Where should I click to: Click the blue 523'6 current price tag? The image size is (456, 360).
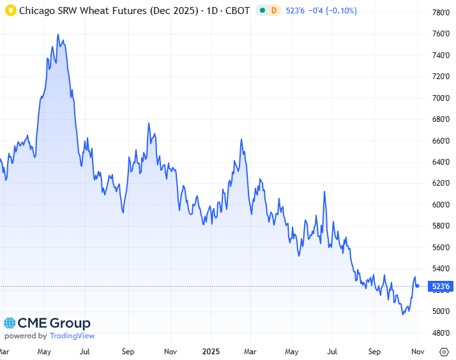click(x=440, y=286)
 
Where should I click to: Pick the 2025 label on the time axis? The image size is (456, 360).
click(x=211, y=351)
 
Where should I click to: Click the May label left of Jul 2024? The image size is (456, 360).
click(x=45, y=351)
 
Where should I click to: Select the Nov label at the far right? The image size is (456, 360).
click(x=418, y=351)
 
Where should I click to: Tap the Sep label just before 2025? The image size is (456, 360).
click(x=128, y=351)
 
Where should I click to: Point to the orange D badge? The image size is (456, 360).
click(x=274, y=11)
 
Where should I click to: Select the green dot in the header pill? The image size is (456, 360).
click(x=262, y=11)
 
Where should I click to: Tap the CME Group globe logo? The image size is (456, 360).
click(x=10, y=324)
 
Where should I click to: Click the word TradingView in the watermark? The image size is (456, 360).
click(x=72, y=336)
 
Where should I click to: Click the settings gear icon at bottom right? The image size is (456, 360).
click(x=445, y=351)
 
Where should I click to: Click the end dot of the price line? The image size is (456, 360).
click(x=418, y=286)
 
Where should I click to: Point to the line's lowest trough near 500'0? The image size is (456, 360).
click(x=403, y=314)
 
